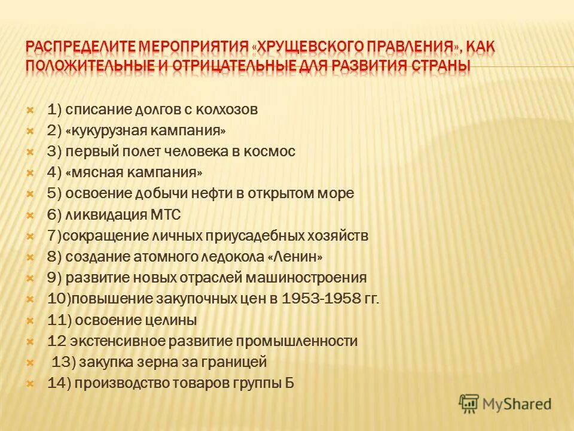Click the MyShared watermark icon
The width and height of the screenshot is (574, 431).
pyautogui.click(x=469, y=404)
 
